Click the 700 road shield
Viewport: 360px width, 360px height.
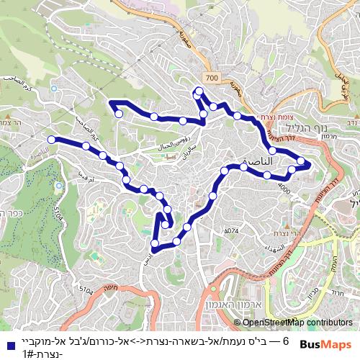[x=210, y=77]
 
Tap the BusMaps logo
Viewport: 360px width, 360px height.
[x=325, y=345]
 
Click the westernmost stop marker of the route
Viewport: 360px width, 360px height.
[x=51, y=139]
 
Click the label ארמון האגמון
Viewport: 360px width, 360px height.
[x=247, y=305]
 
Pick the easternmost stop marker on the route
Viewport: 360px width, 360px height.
[x=301, y=162]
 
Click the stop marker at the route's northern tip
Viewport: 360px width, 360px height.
[x=199, y=90]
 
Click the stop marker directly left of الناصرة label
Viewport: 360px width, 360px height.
[x=225, y=171]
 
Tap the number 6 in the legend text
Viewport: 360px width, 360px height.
[x=287, y=340]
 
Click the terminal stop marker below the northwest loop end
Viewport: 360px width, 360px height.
[x=119, y=114]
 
